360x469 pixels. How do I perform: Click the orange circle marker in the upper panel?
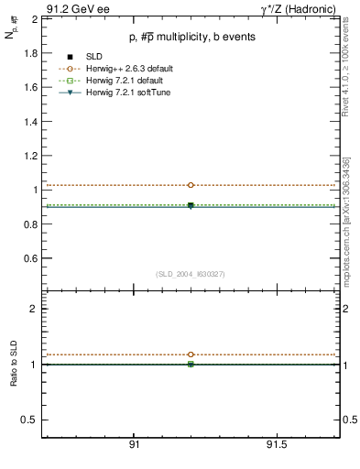pos(191,185)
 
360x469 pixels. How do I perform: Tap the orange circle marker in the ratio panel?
pos(191,354)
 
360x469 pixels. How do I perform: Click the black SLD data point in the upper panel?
pos(191,205)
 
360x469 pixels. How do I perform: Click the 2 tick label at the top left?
pos(34,18)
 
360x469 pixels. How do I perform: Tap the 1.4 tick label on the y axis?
pos(29,122)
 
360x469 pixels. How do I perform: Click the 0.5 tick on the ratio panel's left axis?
pos(30,420)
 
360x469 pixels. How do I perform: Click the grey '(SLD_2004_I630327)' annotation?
pos(191,274)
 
